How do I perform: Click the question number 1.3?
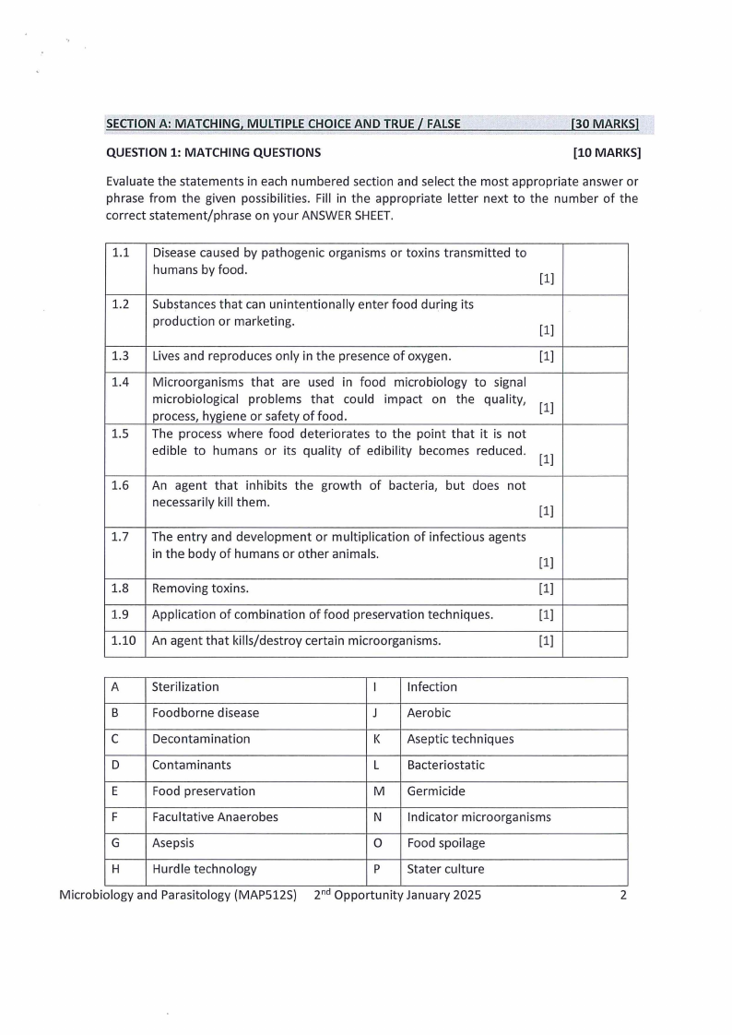pos(120,356)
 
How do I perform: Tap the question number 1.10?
pos(124,641)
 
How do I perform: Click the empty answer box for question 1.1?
pos(595,268)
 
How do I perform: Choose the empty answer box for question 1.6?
pos(595,501)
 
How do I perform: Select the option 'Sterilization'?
pos(185,687)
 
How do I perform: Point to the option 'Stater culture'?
pos(445,869)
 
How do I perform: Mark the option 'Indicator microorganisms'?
pos(478,817)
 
